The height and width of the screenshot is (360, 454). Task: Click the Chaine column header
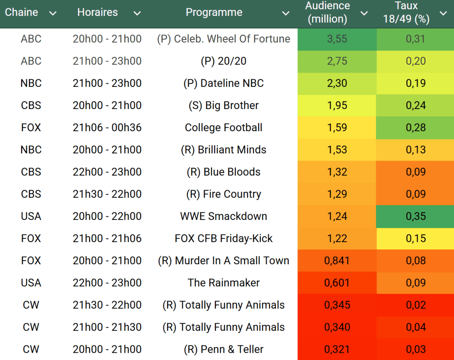click(21, 12)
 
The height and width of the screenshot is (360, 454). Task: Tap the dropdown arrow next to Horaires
click(137, 13)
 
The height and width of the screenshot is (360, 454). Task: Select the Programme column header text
click(214, 12)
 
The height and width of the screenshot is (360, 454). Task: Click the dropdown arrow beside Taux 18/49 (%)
click(443, 13)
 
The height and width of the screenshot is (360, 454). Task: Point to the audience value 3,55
click(337, 39)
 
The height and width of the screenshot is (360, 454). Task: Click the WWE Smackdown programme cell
click(223, 216)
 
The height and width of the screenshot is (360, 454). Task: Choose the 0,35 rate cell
click(415, 216)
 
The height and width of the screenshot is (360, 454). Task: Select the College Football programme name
click(223, 128)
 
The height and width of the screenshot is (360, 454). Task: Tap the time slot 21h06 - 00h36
click(107, 128)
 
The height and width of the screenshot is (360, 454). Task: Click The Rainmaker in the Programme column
click(223, 283)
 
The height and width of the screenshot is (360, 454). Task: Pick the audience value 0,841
click(337, 261)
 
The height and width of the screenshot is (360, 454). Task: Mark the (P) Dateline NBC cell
click(223, 83)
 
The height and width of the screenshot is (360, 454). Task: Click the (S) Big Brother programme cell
click(223, 106)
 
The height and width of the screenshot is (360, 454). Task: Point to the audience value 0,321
click(337, 349)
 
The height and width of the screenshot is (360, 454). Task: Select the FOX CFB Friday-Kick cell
click(223, 239)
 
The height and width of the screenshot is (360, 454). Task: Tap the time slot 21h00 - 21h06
click(107, 239)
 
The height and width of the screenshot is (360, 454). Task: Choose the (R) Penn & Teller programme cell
click(223, 349)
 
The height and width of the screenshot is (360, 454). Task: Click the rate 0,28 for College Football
click(415, 128)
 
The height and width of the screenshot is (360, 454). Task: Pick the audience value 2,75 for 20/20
click(337, 61)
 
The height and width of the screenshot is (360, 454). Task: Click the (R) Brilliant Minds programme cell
click(223, 150)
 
